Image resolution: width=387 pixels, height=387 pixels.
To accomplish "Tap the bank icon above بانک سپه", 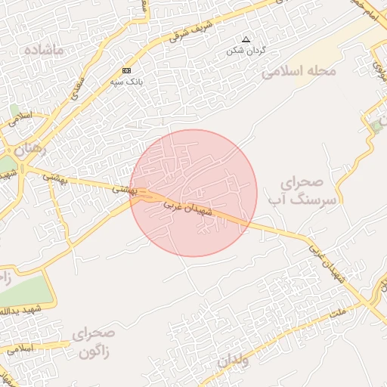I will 126,70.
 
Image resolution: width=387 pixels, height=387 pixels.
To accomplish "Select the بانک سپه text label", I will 126,80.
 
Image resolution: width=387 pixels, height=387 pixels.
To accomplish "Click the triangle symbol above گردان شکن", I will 244,39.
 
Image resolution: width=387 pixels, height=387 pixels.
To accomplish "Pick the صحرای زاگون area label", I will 94,342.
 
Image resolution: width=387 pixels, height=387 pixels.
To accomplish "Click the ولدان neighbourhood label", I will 233,361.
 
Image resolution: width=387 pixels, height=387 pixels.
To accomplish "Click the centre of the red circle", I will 193,193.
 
